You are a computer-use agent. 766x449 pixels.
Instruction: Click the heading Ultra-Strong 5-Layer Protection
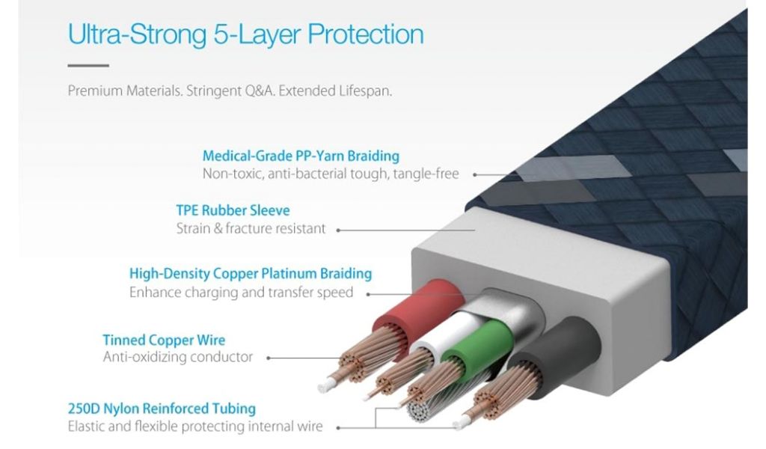click(x=245, y=34)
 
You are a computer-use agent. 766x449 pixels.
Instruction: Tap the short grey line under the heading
click(x=88, y=66)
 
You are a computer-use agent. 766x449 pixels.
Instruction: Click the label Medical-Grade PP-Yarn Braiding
click(x=301, y=156)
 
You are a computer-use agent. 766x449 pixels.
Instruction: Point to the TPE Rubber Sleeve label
click(x=233, y=210)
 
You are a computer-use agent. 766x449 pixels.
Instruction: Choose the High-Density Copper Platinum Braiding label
click(x=251, y=274)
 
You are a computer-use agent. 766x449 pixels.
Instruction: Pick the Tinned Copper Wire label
click(x=164, y=340)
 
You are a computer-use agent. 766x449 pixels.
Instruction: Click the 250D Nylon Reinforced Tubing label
click(x=162, y=409)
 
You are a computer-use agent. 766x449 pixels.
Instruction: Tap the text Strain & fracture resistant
click(x=251, y=228)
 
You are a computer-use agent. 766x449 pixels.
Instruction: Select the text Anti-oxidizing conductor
click(x=178, y=357)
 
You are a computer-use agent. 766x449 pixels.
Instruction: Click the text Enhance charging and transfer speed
click(x=241, y=292)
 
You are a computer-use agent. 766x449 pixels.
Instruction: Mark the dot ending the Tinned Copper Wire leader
click(x=269, y=358)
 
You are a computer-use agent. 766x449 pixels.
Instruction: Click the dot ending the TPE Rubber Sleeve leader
click(x=338, y=230)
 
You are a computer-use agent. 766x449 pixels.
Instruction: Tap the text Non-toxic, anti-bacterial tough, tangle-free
click(x=331, y=174)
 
